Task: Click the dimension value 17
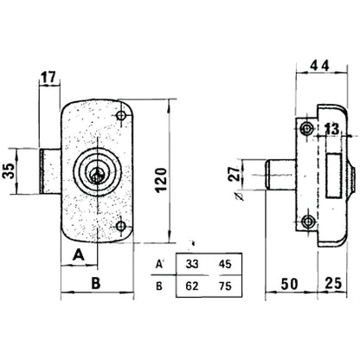pyautogui.click(x=48, y=78)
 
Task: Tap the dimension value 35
pyautogui.click(x=10, y=171)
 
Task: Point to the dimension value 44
pyautogui.click(x=319, y=66)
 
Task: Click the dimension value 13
pyautogui.click(x=332, y=129)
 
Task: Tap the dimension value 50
pyautogui.click(x=289, y=284)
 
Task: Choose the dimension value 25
pyautogui.click(x=333, y=283)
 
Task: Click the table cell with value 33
pyautogui.click(x=192, y=264)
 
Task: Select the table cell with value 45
pyautogui.click(x=225, y=264)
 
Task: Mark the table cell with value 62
pyautogui.click(x=192, y=286)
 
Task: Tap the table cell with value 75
pyautogui.click(x=225, y=286)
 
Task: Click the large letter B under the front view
pyautogui.click(x=96, y=283)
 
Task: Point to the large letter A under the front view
pyautogui.click(x=79, y=255)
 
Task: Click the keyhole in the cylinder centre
pyautogui.click(x=97, y=175)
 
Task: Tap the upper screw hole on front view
pyautogui.click(x=121, y=116)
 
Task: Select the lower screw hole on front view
pyautogui.click(x=121, y=226)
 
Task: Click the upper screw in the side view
pyautogui.click(x=306, y=128)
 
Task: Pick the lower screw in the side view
pyautogui.click(x=308, y=222)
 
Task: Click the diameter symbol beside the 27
pyautogui.click(x=239, y=196)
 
